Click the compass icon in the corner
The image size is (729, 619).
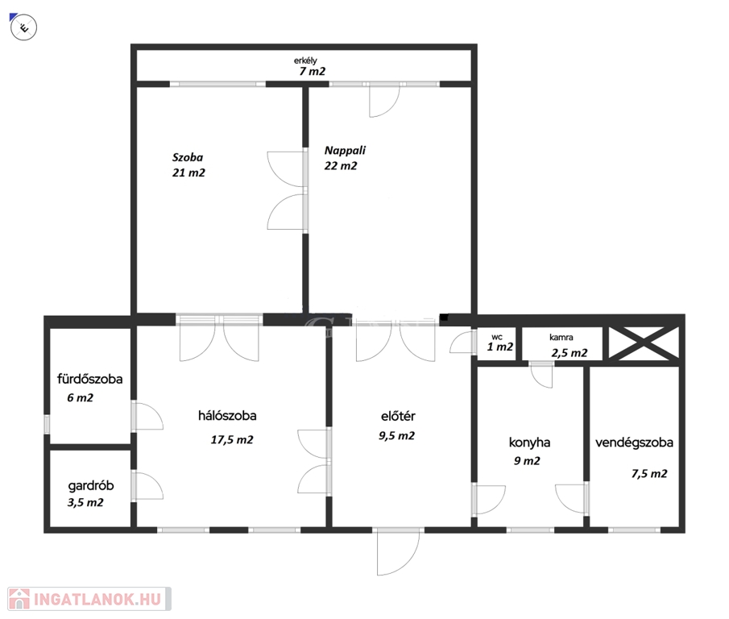23,27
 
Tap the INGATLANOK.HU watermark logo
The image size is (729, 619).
89,599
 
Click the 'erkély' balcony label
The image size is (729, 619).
305,60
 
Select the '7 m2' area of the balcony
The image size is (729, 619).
313,72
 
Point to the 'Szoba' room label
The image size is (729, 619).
188,157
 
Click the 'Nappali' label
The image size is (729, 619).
345,150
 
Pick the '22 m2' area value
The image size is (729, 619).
341,166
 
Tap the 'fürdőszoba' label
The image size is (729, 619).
89,379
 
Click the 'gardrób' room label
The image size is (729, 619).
91,486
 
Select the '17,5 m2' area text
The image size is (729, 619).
232,440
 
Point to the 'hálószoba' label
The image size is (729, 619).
227,415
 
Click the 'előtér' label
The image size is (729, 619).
398,416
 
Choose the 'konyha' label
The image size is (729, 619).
529,442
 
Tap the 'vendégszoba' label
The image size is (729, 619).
634,442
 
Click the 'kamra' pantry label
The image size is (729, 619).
561,338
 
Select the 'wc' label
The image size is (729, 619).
496,337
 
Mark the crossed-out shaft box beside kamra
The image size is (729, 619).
644,343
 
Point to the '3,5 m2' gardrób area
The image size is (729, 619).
85,503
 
